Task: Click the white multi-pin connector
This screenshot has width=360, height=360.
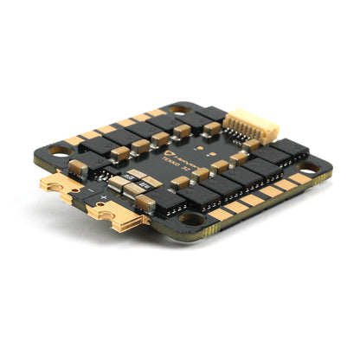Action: pos(240,127)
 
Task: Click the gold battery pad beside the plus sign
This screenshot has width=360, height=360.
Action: pos(112,217)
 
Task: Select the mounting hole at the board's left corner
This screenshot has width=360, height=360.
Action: pos(61,150)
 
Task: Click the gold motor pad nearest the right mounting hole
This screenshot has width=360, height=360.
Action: pos(299,179)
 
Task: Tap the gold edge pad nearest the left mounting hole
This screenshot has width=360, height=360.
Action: pos(74,140)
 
